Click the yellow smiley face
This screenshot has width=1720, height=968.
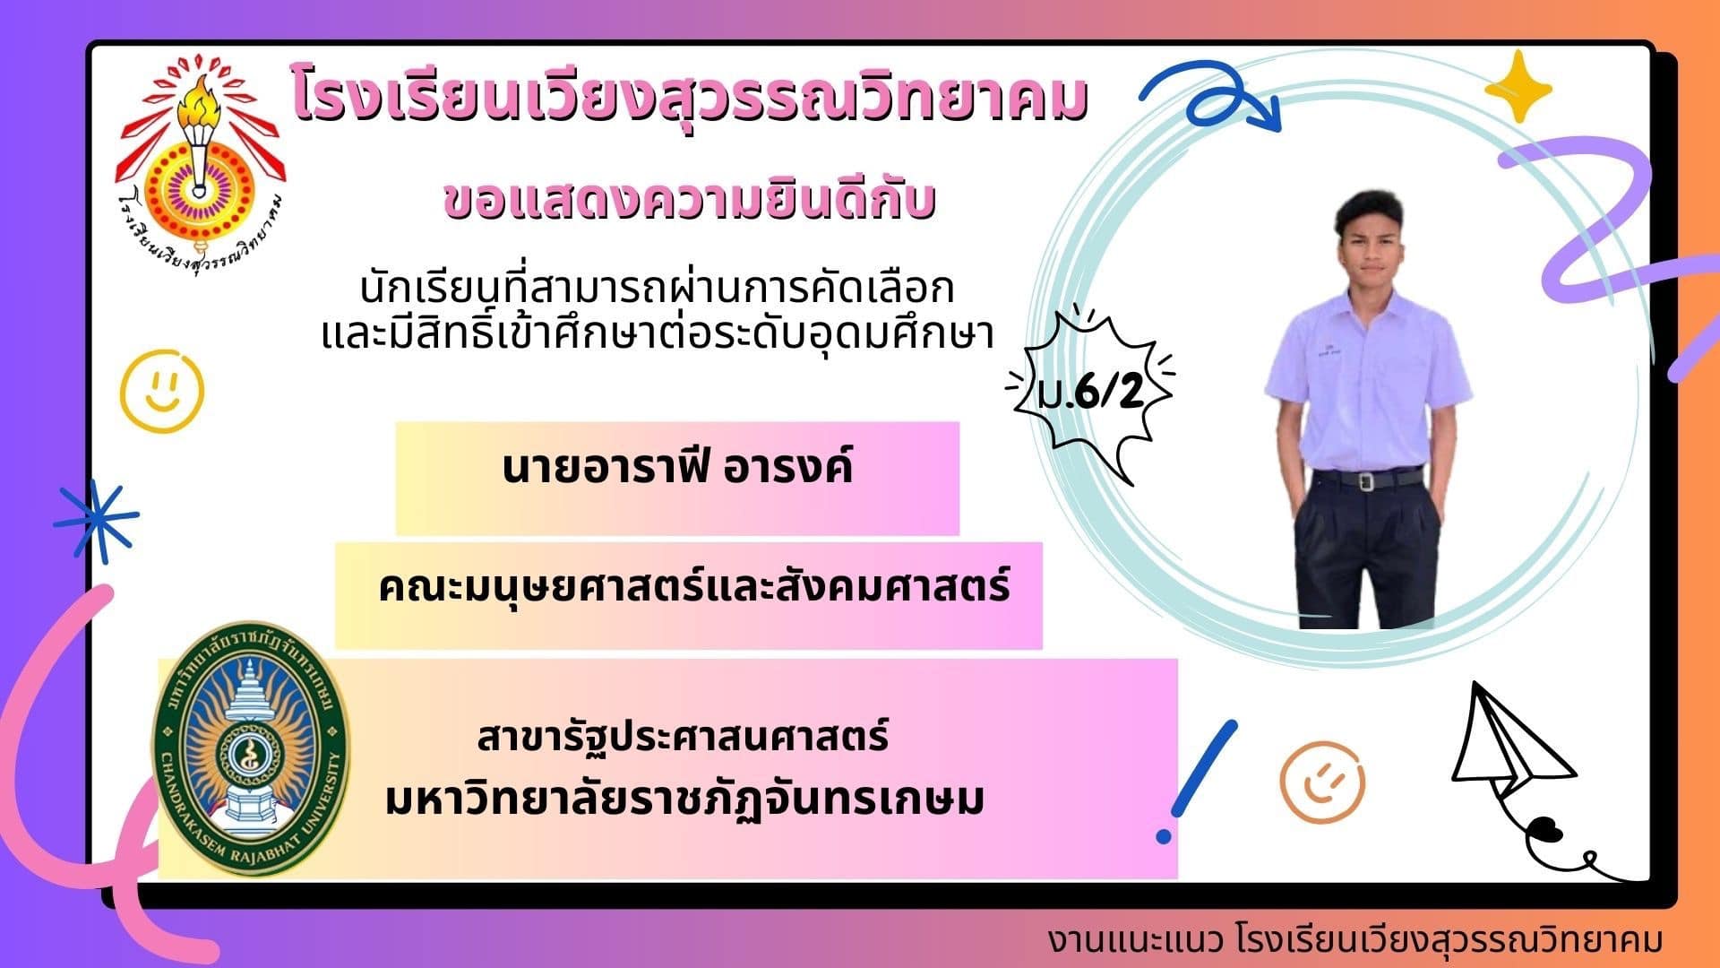(x=162, y=391)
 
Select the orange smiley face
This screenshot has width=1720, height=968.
(x=1322, y=782)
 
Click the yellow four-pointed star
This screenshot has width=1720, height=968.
(x=1518, y=86)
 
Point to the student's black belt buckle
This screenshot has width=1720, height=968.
(x=1365, y=481)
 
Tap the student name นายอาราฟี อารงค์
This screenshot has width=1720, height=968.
(x=677, y=468)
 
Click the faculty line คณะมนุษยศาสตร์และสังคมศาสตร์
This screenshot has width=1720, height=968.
(x=694, y=587)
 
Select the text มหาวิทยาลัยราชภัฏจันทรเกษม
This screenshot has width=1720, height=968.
(x=684, y=798)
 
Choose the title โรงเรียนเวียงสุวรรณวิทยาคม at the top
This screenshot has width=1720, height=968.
(x=690, y=100)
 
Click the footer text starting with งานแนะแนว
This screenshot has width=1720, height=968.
(x=1355, y=940)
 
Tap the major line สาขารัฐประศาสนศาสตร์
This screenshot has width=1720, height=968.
(x=683, y=737)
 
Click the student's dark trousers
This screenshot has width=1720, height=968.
(x=1365, y=551)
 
